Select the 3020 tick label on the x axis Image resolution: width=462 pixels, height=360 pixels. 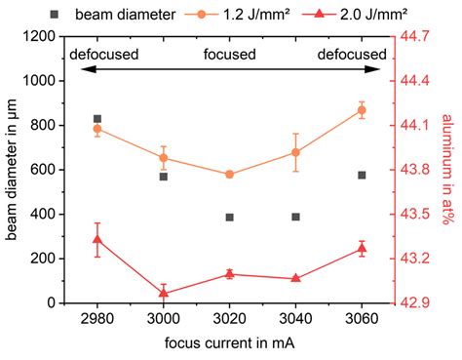[x=229, y=318]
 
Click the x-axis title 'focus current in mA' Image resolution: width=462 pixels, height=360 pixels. [x=229, y=344]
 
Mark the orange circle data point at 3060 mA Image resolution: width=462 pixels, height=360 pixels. [x=362, y=109]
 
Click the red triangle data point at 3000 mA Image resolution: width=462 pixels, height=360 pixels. [x=164, y=293]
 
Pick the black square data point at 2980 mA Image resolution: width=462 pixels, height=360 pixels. [x=97, y=118]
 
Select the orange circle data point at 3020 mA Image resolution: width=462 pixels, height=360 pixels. [x=229, y=175]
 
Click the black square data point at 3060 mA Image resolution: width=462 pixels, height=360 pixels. [x=362, y=175]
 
